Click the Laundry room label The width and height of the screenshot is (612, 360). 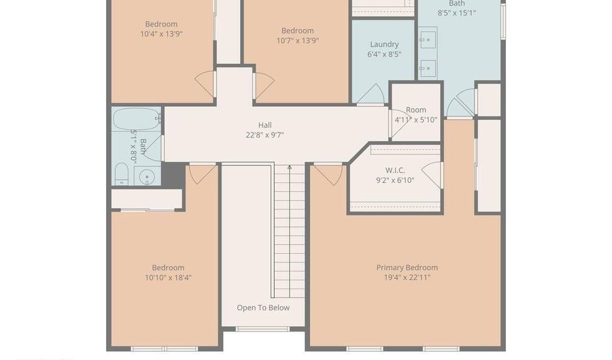pos(384,44)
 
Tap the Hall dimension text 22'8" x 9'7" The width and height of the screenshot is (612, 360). pos(265,135)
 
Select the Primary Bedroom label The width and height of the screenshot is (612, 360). pos(407,267)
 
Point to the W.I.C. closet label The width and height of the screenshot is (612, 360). pos(395,170)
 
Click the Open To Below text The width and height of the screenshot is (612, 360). pos(263,308)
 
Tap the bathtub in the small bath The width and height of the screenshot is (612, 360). pos(136,118)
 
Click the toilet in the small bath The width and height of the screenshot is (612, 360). pos(122,174)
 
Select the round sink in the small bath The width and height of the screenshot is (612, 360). pos(147,177)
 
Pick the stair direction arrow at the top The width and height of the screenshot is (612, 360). pos(290,167)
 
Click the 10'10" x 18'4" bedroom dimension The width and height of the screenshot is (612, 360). pos(168,278)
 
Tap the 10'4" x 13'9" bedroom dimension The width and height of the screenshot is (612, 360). pos(161,34)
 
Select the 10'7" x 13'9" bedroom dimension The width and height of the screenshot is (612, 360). pos(298,40)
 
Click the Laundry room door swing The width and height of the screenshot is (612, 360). pos(371,94)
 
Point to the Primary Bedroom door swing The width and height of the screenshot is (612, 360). pos(328,174)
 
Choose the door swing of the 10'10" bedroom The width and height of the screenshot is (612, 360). pos(203,174)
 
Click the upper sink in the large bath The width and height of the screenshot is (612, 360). pos(428,40)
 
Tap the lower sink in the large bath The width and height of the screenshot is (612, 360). pos(428,68)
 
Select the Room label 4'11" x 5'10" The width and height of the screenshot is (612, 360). pos(416,115)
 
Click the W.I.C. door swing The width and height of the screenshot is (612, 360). pos(432,174)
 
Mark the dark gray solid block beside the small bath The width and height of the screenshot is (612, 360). pos(173,175)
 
